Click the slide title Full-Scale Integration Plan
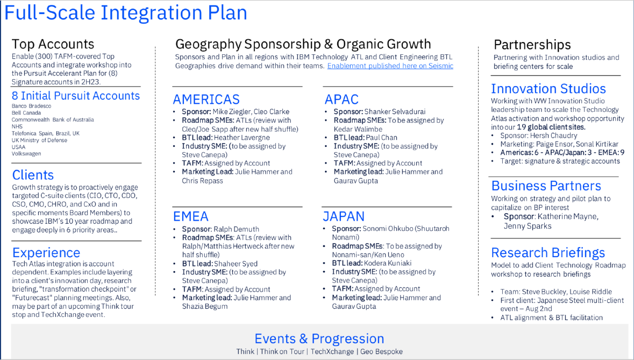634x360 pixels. (x=126, y=12)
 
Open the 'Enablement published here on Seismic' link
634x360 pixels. (x=390, y=66)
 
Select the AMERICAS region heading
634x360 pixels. (x=206, y=99)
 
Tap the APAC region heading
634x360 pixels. (x=341, y=99)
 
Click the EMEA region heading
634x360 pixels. (x=191, y=216)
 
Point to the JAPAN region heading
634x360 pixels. (x=344, y=216)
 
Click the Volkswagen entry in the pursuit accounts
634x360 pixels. (x=26, y=154)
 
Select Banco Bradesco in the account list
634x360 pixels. (x=32, y=106)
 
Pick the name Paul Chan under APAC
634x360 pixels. (x=382, y=138)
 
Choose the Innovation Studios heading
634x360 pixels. (x=548, y=89)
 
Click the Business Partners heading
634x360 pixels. (x=546, y=186)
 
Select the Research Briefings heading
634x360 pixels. (x=548, y=253)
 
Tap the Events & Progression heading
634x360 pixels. (x=319, y=338)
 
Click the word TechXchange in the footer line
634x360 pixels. (x=332, y=351)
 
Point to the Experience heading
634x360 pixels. (x=46, y=252)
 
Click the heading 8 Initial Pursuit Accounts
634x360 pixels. (x=76, y=96)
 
